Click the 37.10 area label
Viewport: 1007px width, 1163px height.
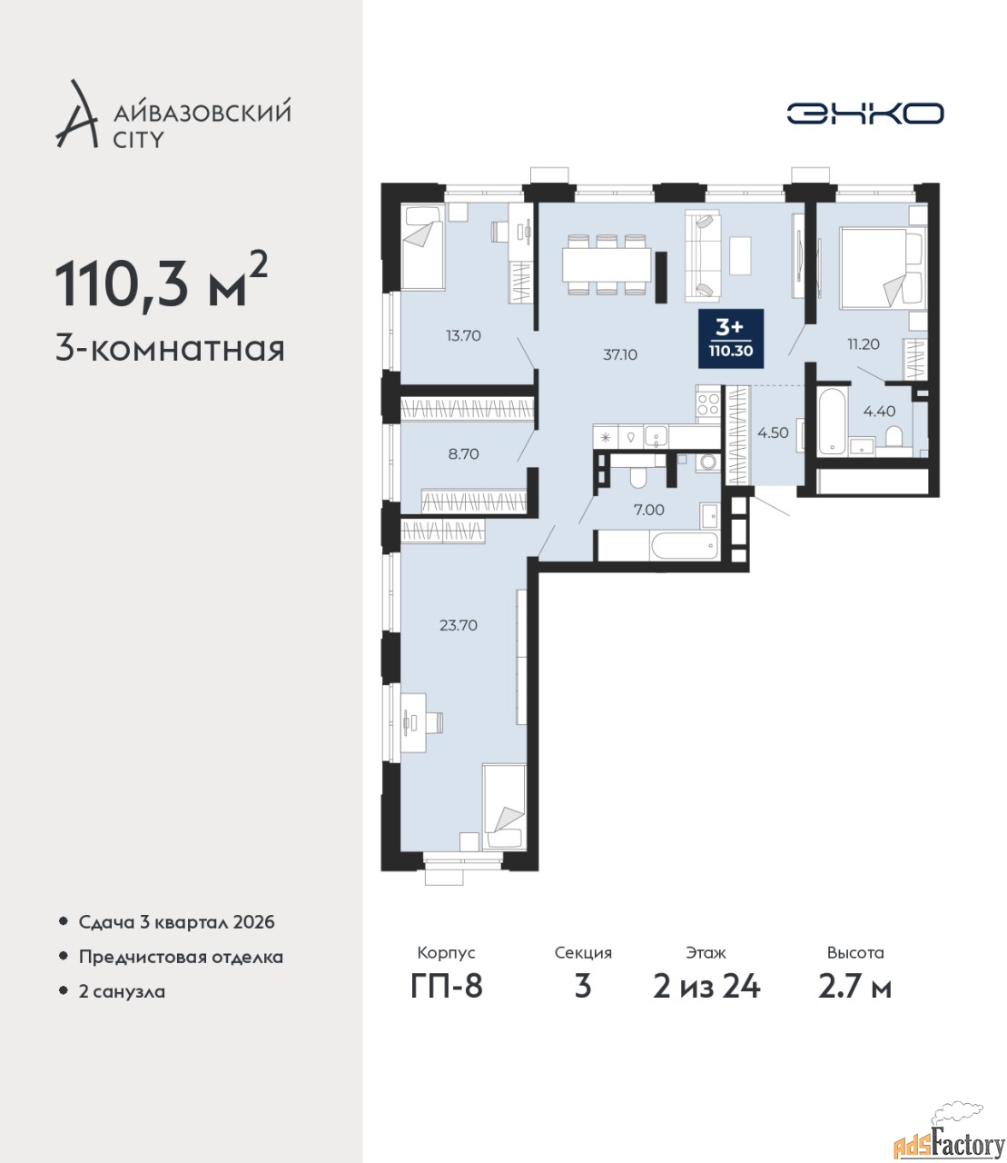coord(619,355)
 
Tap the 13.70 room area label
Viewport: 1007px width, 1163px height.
coord(463,336)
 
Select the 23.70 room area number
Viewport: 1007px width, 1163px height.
coord(459,625)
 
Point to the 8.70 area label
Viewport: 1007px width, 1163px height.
coord(463,454)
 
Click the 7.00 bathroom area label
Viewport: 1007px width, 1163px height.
coord(649,510)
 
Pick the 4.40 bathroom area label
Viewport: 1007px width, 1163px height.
coord(879,412)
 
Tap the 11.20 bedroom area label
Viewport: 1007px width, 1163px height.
coord(863,343)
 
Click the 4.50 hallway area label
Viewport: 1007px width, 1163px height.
coord(773,432)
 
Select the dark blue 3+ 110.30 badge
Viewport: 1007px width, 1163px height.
coord(731,339)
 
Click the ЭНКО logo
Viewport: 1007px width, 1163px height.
coord(864,113)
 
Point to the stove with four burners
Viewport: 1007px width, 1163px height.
coord(708,403)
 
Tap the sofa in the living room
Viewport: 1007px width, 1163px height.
coord(702,256)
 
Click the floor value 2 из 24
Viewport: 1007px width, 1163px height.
coord(706,987)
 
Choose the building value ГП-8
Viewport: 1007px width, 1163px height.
coord(447,987)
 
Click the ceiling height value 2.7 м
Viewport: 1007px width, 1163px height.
coord(854,987)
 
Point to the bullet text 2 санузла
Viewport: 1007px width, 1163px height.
coord(122,991)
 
